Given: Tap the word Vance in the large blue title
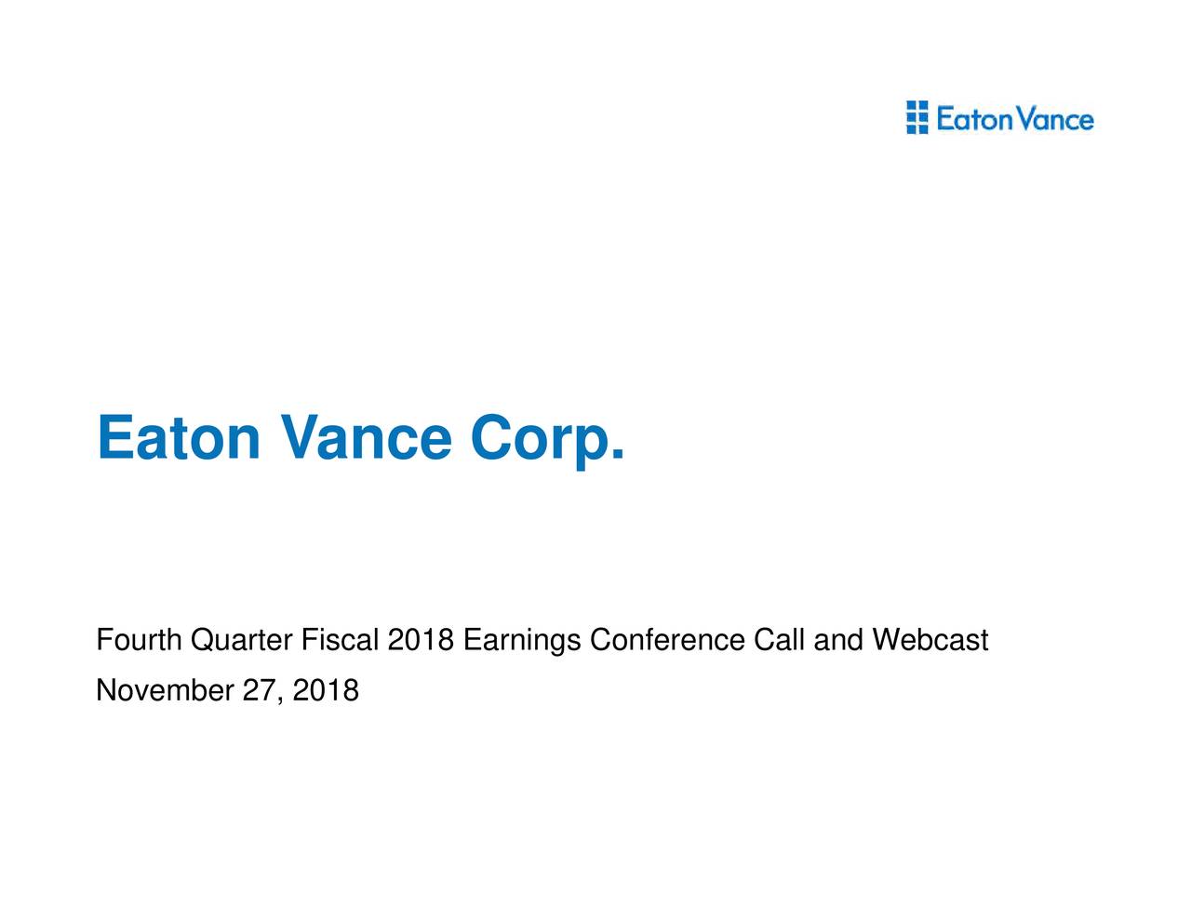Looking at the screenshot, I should (x=365, y=437).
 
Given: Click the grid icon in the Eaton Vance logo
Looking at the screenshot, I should (x=917, y=118).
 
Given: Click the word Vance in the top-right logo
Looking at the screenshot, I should (x=1055, y=120).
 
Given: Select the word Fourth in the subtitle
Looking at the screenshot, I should (x=139, y=641).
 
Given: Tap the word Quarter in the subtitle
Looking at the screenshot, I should (x=242, y=641).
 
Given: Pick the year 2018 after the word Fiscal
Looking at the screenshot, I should (x=421, y=641).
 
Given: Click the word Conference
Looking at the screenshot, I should (x=667, y=641).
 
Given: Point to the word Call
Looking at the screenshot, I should (x=780, y=641).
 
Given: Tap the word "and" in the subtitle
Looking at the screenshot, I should (x=838, y=641).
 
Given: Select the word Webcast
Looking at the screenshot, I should (x=930, y=641).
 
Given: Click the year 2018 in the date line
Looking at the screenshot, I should (x=325, y=691).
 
